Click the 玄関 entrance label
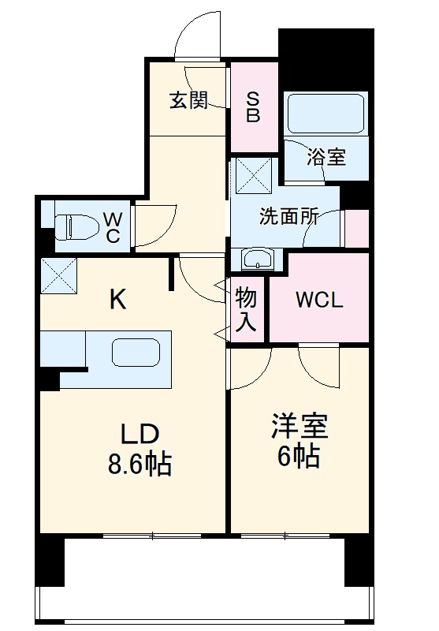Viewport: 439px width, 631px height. click(188, 100)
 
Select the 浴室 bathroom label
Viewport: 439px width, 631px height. click(326, 157)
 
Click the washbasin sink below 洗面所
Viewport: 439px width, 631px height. click(258, 259)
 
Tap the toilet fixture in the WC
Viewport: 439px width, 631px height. click(73, 226)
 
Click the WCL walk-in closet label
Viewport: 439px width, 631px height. click(318, 300)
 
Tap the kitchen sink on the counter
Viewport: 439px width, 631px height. click(136, 351)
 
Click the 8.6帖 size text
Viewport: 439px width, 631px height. click(140, 464)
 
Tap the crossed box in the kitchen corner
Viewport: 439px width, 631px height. click(58, 274)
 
